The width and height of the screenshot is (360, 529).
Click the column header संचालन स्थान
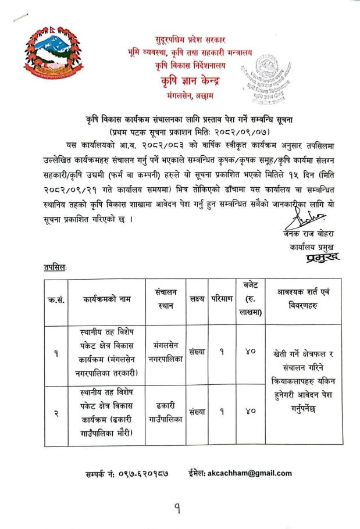[x=166, y=299]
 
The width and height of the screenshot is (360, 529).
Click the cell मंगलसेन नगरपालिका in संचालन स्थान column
[x=166, y=352]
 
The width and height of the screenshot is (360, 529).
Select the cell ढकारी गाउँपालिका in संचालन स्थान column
[x=166, y=412]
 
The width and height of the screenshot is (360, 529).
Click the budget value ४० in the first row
[x=252, y=352]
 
